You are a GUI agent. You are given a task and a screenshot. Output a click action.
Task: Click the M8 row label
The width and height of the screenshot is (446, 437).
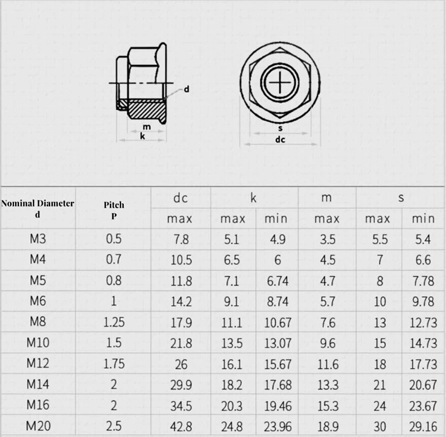(38, 321)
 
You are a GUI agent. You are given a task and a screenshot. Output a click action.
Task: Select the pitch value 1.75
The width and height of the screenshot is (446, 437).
(114, 364)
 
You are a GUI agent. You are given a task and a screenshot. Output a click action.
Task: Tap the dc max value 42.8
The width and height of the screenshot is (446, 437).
(181, 426)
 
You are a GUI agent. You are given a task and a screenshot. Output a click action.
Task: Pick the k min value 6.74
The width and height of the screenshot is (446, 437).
(278, 281)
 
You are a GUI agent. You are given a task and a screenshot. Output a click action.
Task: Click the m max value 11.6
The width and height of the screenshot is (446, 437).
(328, 364)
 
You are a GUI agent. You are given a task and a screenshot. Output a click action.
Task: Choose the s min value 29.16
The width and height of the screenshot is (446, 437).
(423, 426)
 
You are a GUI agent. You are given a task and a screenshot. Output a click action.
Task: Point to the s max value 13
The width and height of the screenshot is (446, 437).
(380, 323)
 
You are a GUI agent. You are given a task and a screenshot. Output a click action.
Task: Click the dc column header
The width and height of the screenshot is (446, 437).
(181, 198)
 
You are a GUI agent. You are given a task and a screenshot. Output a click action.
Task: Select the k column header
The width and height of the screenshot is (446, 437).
(253, 198)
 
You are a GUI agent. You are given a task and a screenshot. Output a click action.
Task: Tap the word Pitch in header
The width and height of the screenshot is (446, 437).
(114, 205)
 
